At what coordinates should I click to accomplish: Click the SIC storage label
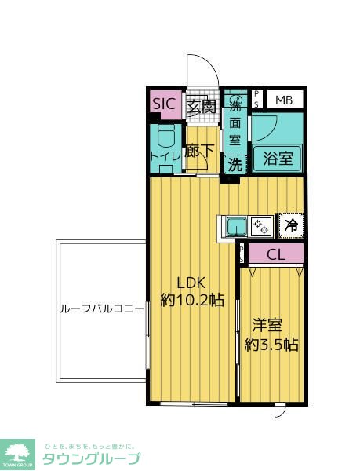165,104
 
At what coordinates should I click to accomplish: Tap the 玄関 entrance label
201,106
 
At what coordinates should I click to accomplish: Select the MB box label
283,100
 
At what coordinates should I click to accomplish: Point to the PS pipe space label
256,99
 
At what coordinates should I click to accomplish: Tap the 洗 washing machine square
235,165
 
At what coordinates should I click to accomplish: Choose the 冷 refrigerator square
290,225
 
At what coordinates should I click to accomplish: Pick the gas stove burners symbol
262,226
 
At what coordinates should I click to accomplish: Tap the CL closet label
275,254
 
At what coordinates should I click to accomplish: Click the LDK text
192,283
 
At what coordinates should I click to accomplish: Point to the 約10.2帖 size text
192,301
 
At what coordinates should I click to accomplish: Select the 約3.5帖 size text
271,344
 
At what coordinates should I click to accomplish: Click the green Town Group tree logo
18,453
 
